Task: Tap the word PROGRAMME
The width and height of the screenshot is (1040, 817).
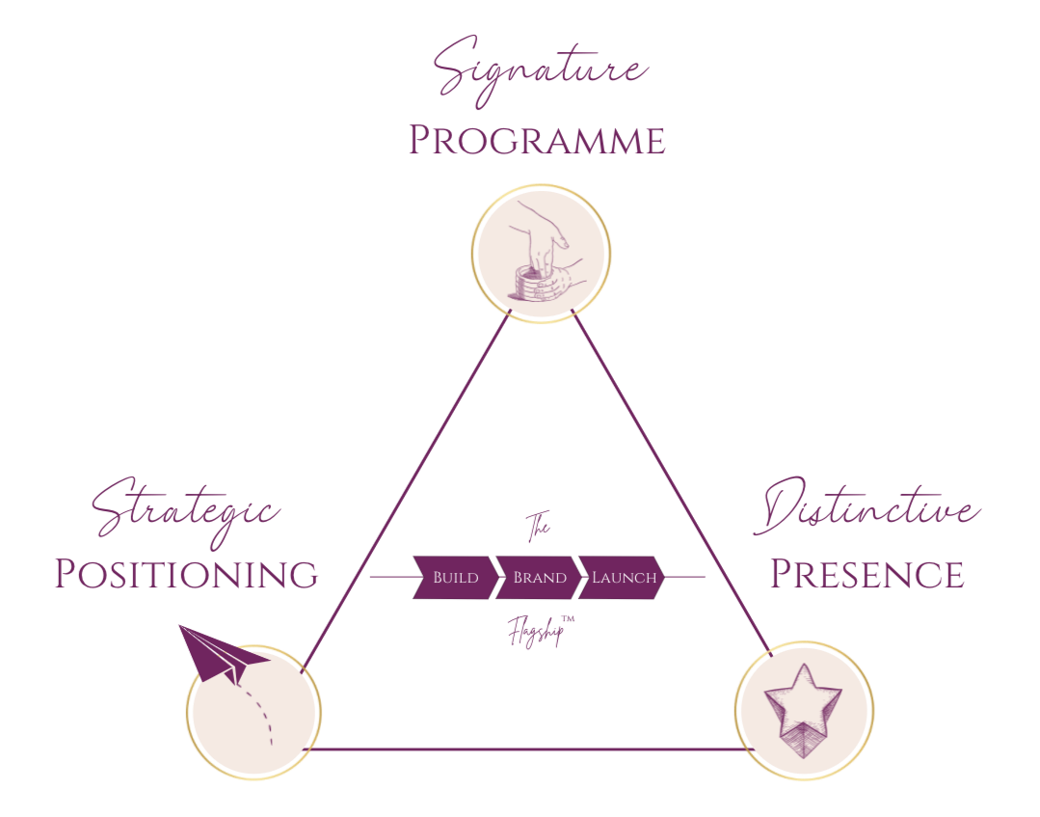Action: (536, 141)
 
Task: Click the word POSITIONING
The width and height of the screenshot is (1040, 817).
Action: (185, 575)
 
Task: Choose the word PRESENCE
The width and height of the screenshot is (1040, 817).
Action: (867, 575)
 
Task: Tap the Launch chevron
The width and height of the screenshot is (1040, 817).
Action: (623, 578)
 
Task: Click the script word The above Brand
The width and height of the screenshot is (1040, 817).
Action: (537, 528)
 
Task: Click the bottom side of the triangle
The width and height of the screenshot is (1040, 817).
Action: (530, 749)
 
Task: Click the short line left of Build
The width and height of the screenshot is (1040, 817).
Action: (390, 578)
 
